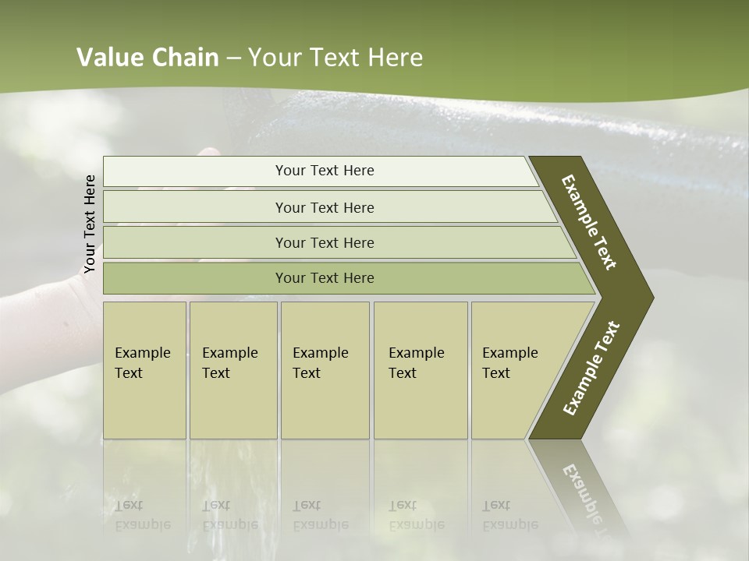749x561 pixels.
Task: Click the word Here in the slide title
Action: point(395,58)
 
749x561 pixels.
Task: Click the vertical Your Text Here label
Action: point(90,224)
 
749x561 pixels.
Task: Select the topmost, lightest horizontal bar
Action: point(325,171)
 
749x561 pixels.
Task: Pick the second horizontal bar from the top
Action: point(325,207)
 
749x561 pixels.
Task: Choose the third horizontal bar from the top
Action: point(325,242)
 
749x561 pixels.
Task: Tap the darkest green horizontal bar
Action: point(325,278)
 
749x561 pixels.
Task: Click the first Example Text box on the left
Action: point(144,370)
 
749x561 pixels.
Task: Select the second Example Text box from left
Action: point(233,370)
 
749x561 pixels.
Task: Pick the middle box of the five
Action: point(325,370)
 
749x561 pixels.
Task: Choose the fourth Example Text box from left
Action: point(420,370)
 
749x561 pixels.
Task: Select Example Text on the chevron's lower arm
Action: point(591,368)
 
